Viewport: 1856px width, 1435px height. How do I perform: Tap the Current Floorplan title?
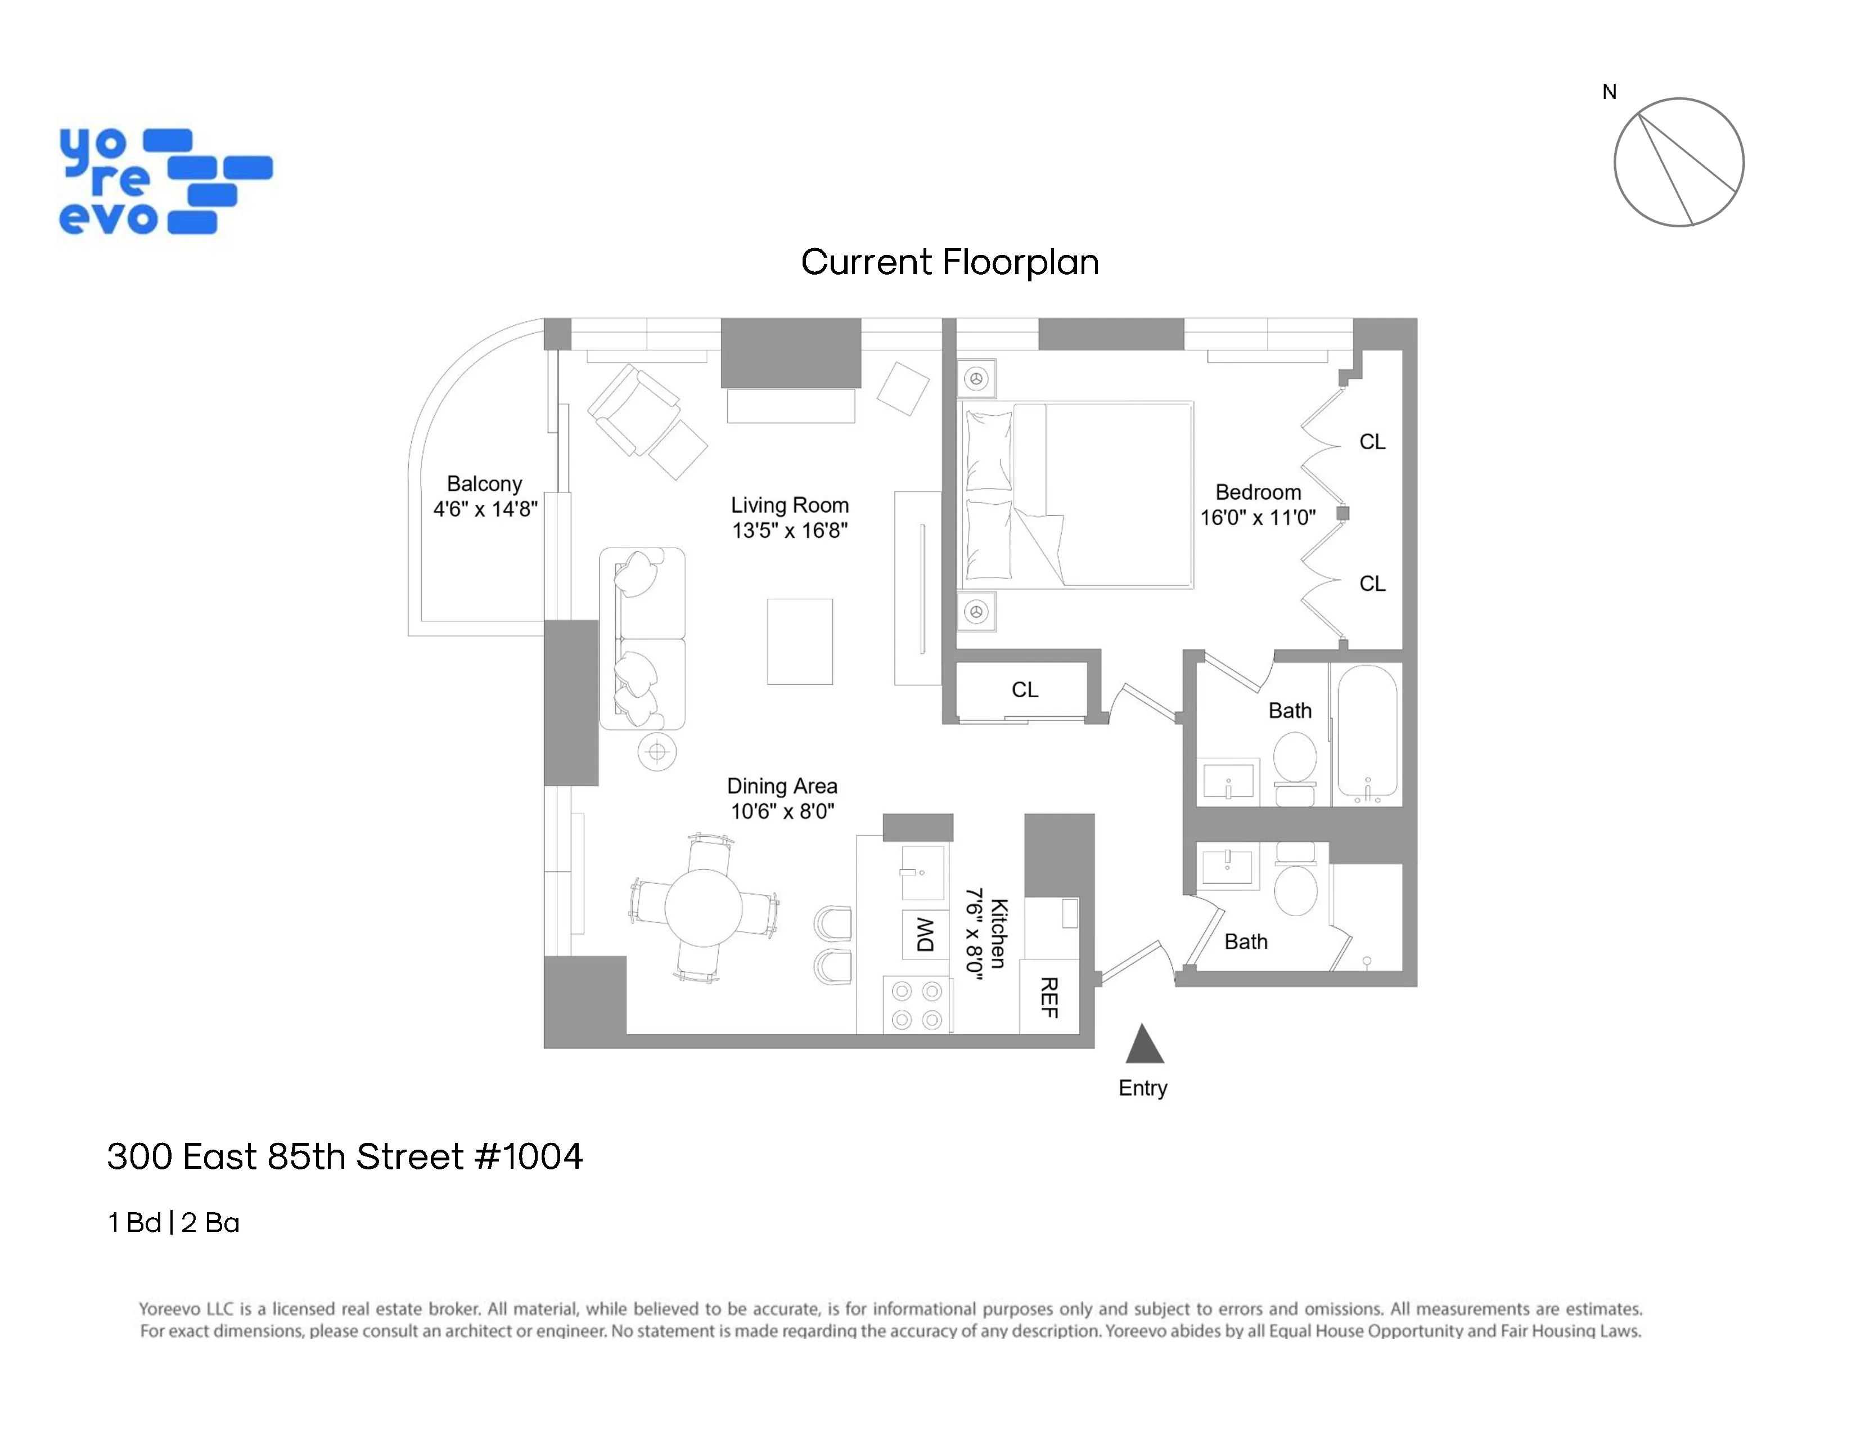(949, 262)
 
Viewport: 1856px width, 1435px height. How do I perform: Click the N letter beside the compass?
(1609, 92)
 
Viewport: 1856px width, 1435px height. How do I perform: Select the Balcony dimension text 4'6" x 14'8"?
(485, 509)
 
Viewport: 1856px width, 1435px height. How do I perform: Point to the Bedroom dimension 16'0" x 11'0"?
(1257, 518)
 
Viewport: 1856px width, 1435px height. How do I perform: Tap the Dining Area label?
(782, 786)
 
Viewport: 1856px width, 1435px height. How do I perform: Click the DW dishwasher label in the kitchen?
(925, 934)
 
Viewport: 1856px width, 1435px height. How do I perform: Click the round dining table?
(703, 907)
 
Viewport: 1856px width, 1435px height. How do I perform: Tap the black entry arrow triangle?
(1144, 1046)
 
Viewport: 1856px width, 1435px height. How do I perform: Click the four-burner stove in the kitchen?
(916, 1005)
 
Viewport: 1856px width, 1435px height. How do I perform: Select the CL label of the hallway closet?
(1024, 689)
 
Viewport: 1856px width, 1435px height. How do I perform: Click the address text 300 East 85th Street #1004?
(344, 1156)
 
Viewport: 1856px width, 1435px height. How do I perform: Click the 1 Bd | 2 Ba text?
(173, 1222)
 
